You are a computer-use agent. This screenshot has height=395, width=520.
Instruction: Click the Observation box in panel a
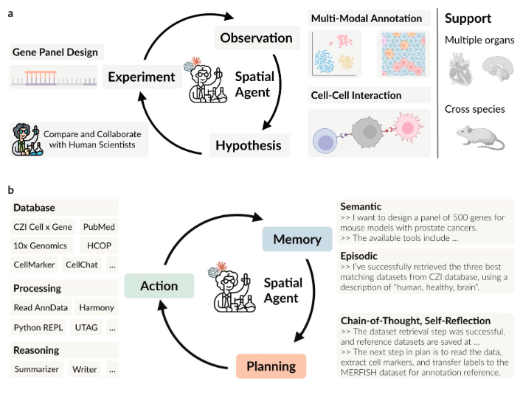(x=257, y=38)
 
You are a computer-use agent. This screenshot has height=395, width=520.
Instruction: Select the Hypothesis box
(x=249, y=145)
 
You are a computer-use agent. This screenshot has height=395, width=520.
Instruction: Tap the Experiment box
(x=142, y=77)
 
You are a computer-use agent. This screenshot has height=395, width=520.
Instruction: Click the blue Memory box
(x=297, y=239)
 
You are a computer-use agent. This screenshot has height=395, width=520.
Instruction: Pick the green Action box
(x=159, y=286)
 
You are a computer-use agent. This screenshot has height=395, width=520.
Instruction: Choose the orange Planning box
(x=271, y=366)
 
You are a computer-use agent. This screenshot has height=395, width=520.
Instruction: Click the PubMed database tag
(x=99, y=227)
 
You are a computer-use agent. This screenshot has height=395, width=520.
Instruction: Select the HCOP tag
(x=99, y=245)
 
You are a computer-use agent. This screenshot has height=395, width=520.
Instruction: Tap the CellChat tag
(x=82, y=265)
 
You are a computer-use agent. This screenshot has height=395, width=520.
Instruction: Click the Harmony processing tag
(x=97, y=307)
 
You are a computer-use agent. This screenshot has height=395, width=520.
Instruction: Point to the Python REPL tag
(x=38, y=327)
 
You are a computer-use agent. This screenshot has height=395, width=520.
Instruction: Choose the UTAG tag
(x=86, y=327)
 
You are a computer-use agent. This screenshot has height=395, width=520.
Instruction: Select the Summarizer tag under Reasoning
(x=36, y=369)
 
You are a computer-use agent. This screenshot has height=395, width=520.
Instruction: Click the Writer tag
(x=85, y=369)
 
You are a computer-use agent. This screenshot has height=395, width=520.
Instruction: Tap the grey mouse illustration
(x=480, y=137)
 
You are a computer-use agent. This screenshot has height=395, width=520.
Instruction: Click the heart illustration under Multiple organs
(x=460, y=69)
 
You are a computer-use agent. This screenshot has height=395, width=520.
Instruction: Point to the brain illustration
(x=497, y=68)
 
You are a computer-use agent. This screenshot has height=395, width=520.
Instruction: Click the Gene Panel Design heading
(x=55, y=52)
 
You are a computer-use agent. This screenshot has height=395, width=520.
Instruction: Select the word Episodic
(x=358, y=256)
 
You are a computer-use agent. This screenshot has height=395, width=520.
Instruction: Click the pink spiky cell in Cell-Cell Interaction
(x=408, y=127)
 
